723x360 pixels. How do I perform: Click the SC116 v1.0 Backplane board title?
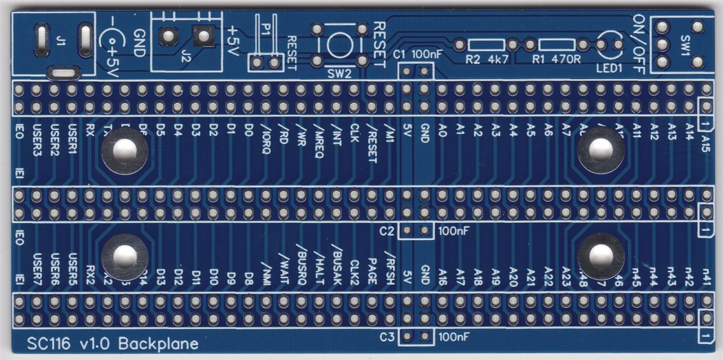coord(113,344)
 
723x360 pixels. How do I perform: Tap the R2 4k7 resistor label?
coord(487,59)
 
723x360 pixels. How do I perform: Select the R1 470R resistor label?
coord(556,59)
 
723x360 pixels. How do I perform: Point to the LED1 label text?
coord(609,68)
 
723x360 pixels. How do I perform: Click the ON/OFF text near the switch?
coord(638,44)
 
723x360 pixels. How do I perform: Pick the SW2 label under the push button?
coord(339,74)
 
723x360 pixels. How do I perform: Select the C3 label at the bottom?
coord(387,337)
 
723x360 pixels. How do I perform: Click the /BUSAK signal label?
coord(337,264)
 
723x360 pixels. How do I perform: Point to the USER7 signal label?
coord(37,269)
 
